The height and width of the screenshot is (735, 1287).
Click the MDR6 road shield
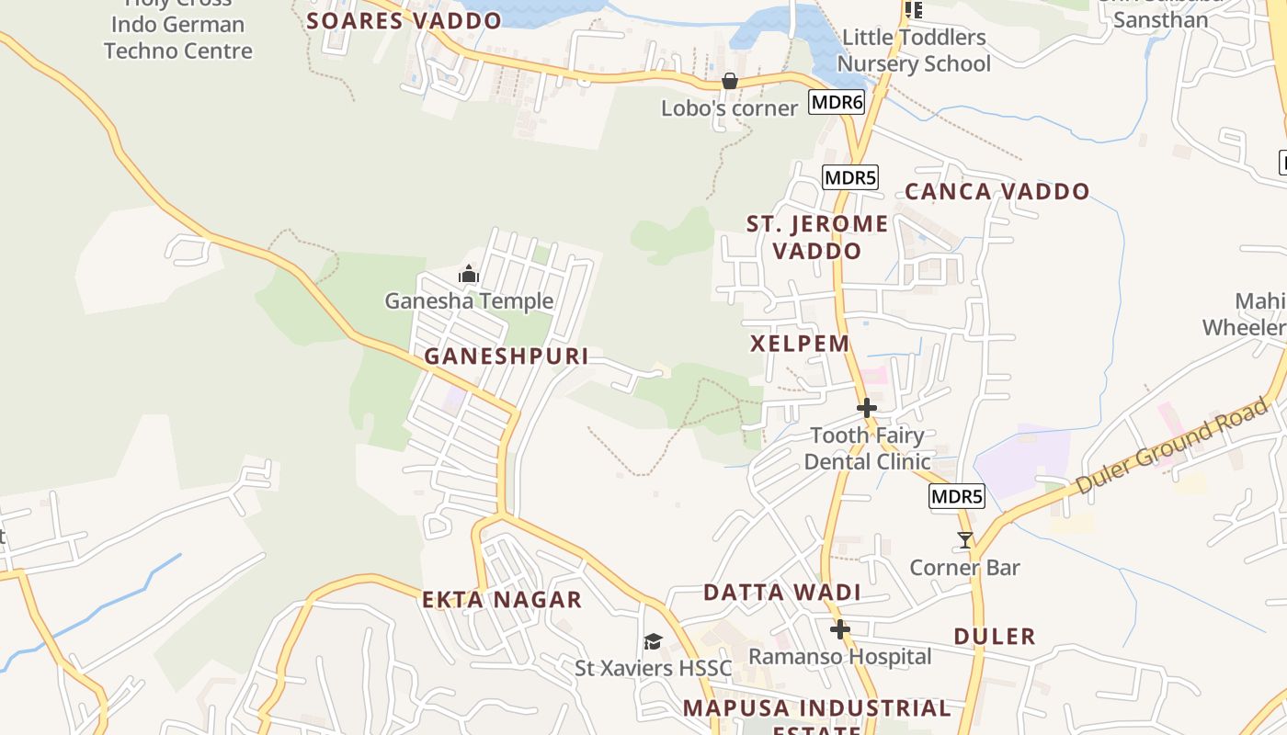(837, 102)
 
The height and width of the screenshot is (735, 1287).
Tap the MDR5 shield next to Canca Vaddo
(850, 177)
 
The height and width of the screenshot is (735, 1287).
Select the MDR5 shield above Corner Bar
(957, 497)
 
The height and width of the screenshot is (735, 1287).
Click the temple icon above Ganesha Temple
(469, 274)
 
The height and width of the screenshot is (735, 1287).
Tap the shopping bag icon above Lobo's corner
(729, 81)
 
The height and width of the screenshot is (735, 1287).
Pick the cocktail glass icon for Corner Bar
(964, 540)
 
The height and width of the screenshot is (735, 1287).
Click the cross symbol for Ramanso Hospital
(840, 629)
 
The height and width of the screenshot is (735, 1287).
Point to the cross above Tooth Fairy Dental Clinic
(866, 407)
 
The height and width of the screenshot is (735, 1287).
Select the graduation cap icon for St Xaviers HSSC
(653, 641)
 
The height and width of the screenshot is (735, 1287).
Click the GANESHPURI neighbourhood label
(507, 356)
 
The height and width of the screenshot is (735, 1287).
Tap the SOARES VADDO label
(404, 20)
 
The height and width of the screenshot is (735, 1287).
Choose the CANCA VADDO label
(997, 192)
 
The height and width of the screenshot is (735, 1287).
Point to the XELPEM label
(800, 344)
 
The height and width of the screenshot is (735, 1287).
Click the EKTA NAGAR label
(502, 600)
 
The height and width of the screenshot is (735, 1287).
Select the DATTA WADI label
(782, 593)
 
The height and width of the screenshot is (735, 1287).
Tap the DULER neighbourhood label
(995, 636)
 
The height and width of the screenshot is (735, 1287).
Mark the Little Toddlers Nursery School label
(914, 51)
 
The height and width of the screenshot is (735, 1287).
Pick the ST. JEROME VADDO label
(817, 237)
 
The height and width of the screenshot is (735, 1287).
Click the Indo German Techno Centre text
(178, 38)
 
